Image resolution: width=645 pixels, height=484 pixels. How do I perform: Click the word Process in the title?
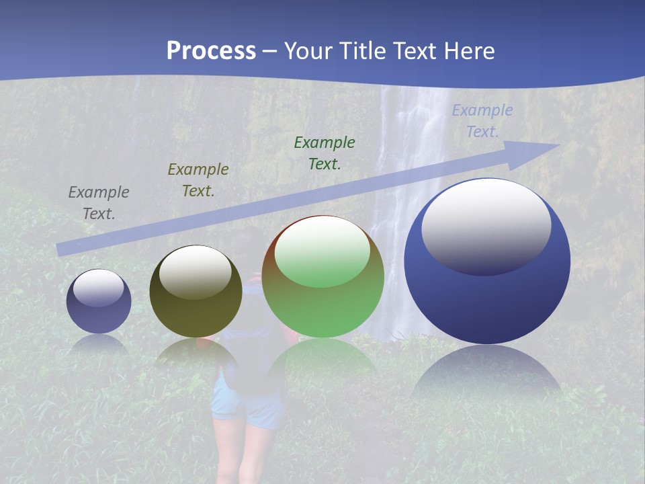pyautogui.click(x=211, y=51)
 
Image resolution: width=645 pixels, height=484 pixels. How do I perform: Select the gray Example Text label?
pyautogui.click(x=99, y=203)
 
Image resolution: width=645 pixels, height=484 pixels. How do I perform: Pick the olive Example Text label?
pyautogui.click(x=198, y=180)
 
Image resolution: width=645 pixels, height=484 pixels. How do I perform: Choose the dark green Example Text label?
pyautogui.click(x=325, y=153)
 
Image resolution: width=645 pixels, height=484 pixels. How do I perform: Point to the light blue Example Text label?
pyautogui.click(x=482, y=121)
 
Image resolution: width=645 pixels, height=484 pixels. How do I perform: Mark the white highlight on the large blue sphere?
pyautogui.click(x=486, y=226)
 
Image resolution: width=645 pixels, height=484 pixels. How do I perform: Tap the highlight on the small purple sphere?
pyautogui.click(x=99, y=288)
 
